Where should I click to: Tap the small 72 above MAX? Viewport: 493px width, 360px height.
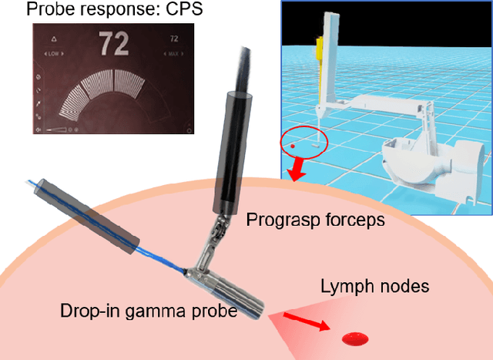click(173, 37)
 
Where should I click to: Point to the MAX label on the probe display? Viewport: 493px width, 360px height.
click(173, 53)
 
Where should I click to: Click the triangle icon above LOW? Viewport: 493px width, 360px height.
click(53, 37)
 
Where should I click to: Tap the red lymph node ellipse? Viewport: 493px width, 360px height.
click(354, 338)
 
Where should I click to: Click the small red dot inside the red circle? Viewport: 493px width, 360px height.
click(292, 144)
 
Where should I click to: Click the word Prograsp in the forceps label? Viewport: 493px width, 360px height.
click(276, 220)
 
